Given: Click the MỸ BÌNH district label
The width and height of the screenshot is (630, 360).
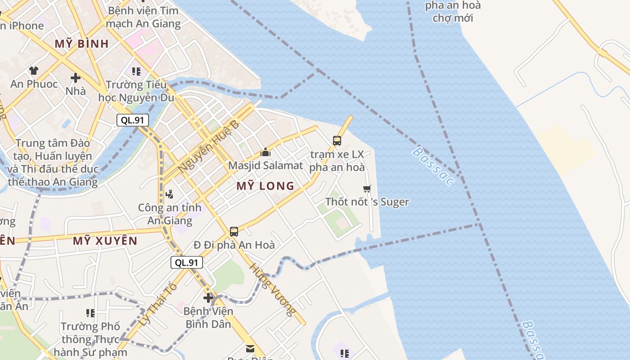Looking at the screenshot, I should (x=82, y=44).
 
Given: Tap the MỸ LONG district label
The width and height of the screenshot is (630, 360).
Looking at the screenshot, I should (x=265, y=186).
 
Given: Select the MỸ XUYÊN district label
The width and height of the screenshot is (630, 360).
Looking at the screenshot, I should (x=105, y=241).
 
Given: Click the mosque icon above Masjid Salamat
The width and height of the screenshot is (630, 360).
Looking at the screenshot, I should (x=265, y=153).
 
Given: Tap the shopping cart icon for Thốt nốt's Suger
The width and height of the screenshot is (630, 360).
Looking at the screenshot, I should (x=367, y=189).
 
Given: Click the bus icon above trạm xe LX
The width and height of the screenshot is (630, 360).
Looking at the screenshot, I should (x=337, y=141).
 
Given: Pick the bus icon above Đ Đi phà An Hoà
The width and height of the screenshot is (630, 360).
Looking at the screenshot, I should (x=234, y=232).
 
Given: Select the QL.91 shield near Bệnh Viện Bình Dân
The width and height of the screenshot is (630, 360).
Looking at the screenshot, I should (x=187, y=263).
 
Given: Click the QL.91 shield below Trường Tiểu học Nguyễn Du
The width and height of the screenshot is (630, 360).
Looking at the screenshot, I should (x=132, y=120).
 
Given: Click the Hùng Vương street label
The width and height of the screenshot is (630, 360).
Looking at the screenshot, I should (x=273, y=289).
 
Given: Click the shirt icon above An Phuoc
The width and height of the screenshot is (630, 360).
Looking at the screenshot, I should (x=34, y=71).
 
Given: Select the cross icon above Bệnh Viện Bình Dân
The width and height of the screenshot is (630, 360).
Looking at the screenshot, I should (x=208, y=298).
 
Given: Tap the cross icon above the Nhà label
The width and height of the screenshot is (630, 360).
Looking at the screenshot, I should (x=76, y=78).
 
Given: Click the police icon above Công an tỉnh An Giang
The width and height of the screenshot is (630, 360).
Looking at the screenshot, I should (x=170, y=194).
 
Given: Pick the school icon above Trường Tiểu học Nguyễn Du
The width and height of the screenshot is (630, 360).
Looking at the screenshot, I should (x=136, y=72).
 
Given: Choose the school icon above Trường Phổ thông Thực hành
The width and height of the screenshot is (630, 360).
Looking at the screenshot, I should (x=90, y=313).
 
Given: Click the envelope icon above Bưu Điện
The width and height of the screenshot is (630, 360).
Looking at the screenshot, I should (x=250, y=348).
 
